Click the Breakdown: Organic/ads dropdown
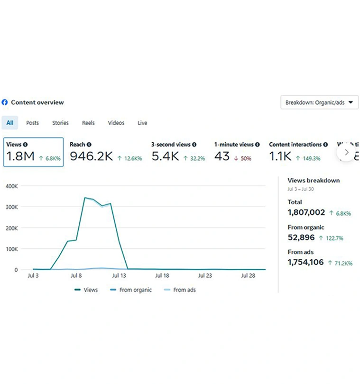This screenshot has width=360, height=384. [319, 102]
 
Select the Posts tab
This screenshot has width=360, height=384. [33, 123]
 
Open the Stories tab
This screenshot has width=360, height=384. [60, 123]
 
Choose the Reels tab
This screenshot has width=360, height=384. [88, 123]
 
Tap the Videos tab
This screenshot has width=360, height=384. [116, 123]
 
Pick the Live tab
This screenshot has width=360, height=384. [142, 123]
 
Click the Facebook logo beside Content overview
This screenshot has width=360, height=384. [5, 102]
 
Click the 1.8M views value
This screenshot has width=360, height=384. [20, 156]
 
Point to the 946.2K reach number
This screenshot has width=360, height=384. [91, 156]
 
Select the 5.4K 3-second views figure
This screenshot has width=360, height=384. [165, 156]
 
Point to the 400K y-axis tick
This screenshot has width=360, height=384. [11, 186]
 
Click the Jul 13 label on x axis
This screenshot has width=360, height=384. [119, 275]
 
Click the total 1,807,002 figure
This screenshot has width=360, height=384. [306, 213]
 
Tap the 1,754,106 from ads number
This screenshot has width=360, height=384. [306, 262]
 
